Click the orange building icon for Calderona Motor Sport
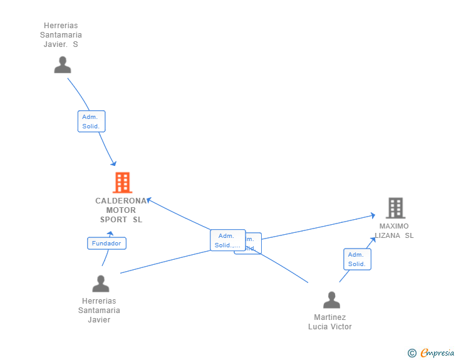point(122,183)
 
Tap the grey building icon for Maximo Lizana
point(395,208)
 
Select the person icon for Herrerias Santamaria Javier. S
point(63,65)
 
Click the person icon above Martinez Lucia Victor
point(331,301)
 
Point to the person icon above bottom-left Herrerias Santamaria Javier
point(100,284)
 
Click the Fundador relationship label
point(106,244)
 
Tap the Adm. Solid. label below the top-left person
point(91,121)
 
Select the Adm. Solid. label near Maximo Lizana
point(357,259)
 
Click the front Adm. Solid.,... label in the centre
point(227,240)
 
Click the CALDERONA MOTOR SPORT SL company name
point(121,210)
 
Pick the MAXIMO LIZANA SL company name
point(394,230)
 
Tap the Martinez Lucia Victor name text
point(330,322)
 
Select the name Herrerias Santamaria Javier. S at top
point(61,35)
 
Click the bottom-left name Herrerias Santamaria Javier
point(99,311)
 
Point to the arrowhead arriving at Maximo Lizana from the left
point(372,216)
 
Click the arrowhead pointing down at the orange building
point(113,163)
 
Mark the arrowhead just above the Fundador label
point(111,233)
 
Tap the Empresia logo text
point(437,353)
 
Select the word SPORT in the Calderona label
point(113,220)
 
